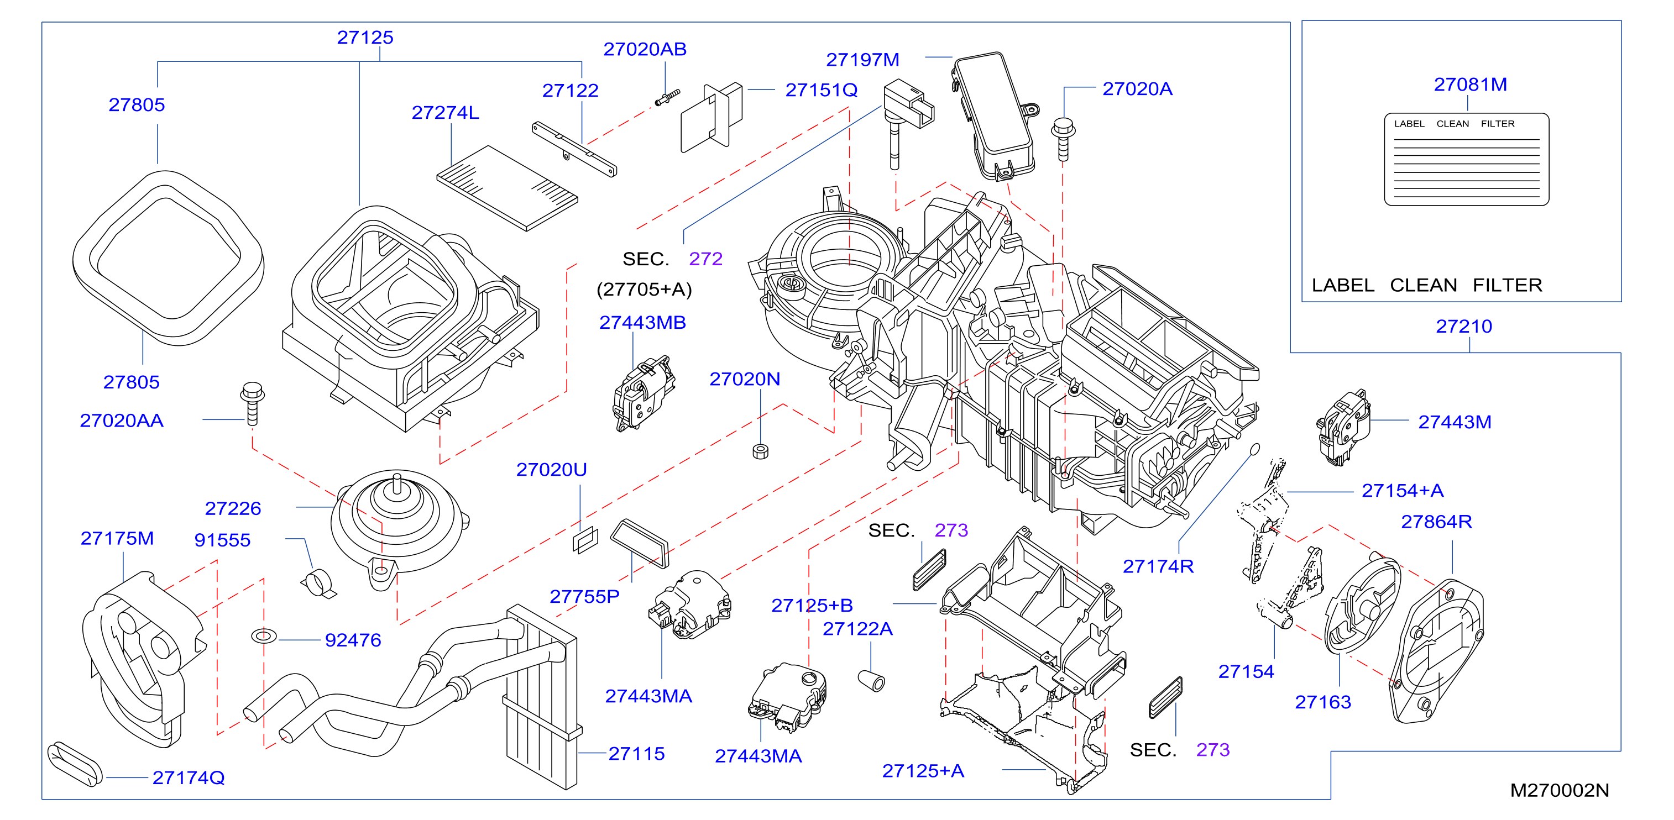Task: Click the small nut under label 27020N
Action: [x=760, y=451]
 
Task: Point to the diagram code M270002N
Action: [x=1559, y=790]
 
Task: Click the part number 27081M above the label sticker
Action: [x=1470, y=85]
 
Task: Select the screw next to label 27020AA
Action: [x=252, y=403]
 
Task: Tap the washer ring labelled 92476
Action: [x=264, y=636]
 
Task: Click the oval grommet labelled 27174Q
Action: [x=75, y=764]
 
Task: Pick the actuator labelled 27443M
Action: [x=1343, y=427]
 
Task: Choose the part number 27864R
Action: [x=1436, y=522]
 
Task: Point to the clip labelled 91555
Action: [x=318, y=583]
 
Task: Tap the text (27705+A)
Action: [x=644, y=289]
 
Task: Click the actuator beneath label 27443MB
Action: [x=644, y=392]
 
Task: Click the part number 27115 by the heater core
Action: [x=636, y=754]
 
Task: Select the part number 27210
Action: [x=1463, y=326]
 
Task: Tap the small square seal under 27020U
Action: [x=585, y=540]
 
